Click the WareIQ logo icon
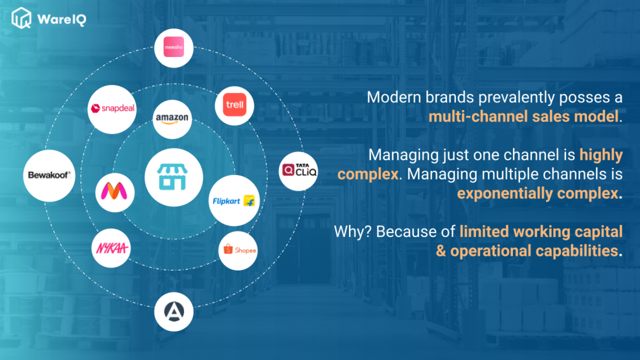[21, 18]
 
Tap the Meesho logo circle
[174, 48]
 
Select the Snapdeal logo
[112, 109]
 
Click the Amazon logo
[173, 119]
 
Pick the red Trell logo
[235, 105]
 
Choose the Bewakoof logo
[49, 175]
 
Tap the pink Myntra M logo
[114, 191]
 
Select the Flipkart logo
[234, 201]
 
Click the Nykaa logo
[112, 248]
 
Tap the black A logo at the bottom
[174, 312]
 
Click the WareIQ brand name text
[61, 19]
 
